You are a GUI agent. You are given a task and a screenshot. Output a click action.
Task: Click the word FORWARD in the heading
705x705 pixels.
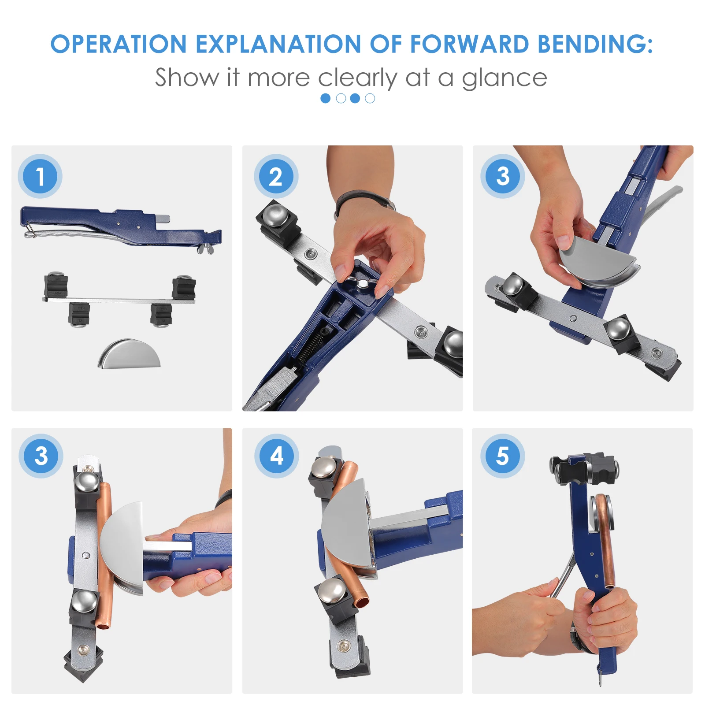tap(470, 44)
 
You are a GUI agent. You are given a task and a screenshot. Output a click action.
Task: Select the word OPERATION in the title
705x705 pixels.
tap(119, 44)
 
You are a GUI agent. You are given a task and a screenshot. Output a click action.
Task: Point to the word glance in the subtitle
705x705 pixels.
tap(504, 78)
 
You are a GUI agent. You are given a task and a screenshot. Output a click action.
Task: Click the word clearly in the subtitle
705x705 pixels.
tap(358, 78)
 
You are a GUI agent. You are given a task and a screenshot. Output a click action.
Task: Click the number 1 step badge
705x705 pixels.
tap(40, 176)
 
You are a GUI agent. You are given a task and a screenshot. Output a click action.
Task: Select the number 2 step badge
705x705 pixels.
tap(276, 176)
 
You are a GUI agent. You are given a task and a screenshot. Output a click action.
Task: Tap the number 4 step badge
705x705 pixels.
tap(277, 456)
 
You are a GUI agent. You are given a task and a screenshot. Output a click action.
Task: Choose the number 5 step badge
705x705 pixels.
tap(502, 456)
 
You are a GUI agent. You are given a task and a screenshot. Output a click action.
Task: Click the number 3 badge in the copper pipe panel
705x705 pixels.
tap(41, 456)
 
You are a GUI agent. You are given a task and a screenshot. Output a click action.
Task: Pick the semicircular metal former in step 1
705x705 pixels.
tap(129, 354)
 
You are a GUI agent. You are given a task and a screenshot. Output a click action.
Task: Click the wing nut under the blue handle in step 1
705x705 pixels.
tap(205, 250)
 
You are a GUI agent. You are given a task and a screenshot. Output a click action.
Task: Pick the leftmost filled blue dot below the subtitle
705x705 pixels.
tap(326, 98)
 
